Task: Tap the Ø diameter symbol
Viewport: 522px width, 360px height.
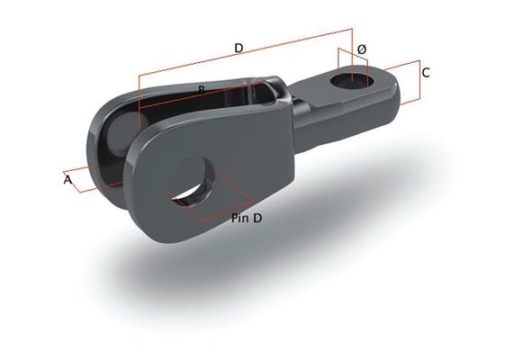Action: coord(361,48)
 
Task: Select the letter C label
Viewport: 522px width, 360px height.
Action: coord(426,72)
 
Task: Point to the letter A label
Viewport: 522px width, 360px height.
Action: coord(67,180)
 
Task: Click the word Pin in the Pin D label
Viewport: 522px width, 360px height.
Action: coord(239,218)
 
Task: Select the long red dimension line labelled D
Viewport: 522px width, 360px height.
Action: coord(243,58)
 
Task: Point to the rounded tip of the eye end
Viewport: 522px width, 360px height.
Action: coord(392,99)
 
